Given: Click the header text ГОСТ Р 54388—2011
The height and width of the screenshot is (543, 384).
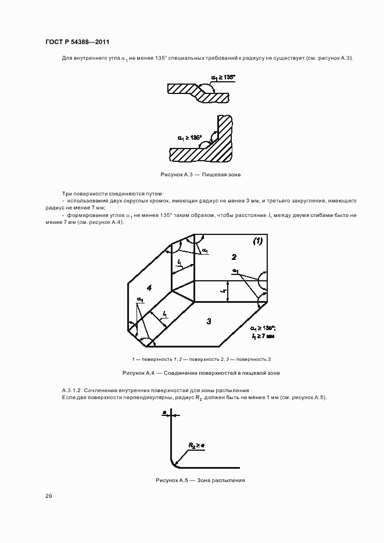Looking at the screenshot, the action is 77,42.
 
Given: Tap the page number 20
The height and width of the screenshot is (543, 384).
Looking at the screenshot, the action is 48,496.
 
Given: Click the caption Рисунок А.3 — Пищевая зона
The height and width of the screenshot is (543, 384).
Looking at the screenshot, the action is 200,174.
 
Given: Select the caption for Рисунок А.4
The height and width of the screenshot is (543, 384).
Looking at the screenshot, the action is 200,373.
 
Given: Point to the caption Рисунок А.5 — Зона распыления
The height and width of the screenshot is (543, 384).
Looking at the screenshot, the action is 200,480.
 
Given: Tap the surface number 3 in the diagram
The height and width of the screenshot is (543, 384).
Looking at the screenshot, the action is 209,321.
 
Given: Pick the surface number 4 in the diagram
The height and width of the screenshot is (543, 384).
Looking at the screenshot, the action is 149,288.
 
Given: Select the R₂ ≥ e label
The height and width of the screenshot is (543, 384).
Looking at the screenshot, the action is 195,445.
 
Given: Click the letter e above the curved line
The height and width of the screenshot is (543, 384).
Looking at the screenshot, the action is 165,412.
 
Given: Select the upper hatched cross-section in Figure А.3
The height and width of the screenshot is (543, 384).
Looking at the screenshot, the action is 198,92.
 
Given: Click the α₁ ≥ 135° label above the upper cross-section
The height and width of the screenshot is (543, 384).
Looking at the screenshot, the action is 223,77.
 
